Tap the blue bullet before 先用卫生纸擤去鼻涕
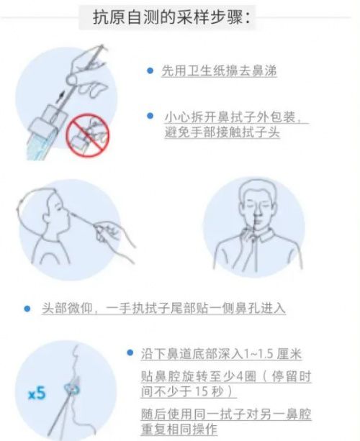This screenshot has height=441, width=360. pos(150,71)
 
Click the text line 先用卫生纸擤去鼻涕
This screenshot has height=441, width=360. pos(219,71)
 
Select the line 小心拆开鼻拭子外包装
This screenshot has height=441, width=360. pos(233,117)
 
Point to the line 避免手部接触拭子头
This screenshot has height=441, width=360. pos(222,132)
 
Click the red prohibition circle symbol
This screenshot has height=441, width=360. pos(88,135)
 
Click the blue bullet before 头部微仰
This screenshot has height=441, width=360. pos(27,309)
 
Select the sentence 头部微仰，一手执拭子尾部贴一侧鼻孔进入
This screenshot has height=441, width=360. pos(163,309)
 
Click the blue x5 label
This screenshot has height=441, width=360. pos(37,394)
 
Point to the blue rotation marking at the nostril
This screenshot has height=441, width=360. pos(72,388)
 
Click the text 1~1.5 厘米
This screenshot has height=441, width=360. pos(273,354)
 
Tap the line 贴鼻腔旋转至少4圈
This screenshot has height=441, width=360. pos(199,376)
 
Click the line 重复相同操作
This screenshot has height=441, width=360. pos(179,429)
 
